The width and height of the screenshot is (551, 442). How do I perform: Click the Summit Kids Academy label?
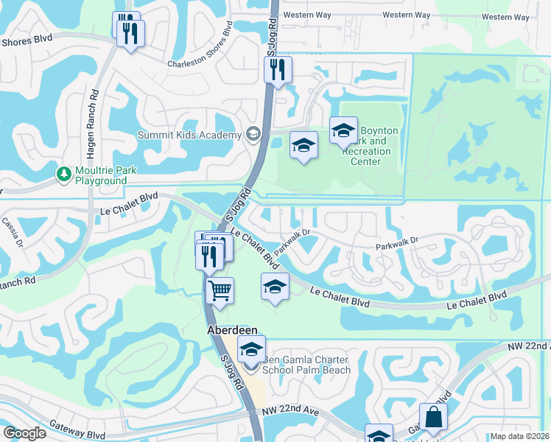click(x=190, y=135)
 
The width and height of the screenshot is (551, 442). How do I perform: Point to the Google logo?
click(x=24, y=433)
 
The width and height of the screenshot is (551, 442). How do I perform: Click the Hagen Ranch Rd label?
click(x=94, y=110)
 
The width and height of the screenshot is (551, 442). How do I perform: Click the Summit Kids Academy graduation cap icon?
click(x=253, y=133)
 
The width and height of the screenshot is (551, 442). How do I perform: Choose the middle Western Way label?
click(x=407, y=15)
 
